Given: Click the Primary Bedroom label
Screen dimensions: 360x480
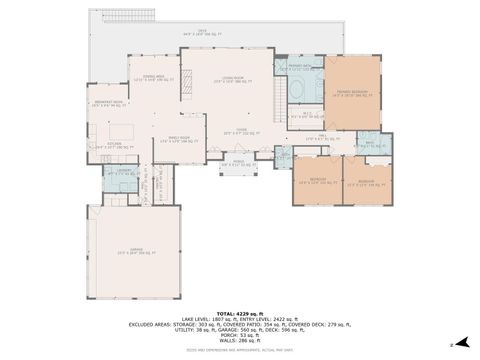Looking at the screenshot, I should click(352, 92).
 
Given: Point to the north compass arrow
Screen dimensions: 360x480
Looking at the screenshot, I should click(451, 345).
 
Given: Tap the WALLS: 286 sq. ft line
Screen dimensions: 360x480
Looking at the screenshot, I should click(239, 340).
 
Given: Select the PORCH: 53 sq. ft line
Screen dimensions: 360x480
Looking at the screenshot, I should click(239, 335).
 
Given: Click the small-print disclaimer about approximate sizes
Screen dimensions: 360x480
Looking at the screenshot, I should click(239, 348).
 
